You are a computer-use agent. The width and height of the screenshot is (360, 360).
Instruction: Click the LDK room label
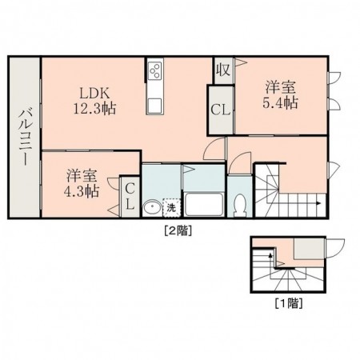tap(93, 91)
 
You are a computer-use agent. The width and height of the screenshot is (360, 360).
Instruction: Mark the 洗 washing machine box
tap(171, 208)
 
